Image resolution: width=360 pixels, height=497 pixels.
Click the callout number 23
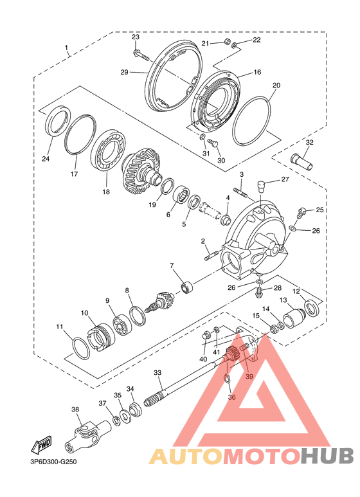pos(135,37)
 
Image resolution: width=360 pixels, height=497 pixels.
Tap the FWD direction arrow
pos(41,446)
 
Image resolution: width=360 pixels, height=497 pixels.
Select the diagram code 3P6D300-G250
pos(54,462)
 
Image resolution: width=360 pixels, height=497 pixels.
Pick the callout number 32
pos(309,142)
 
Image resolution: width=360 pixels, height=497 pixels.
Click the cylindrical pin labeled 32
pos(302,161)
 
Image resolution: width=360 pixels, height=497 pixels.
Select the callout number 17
pos(74,174)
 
